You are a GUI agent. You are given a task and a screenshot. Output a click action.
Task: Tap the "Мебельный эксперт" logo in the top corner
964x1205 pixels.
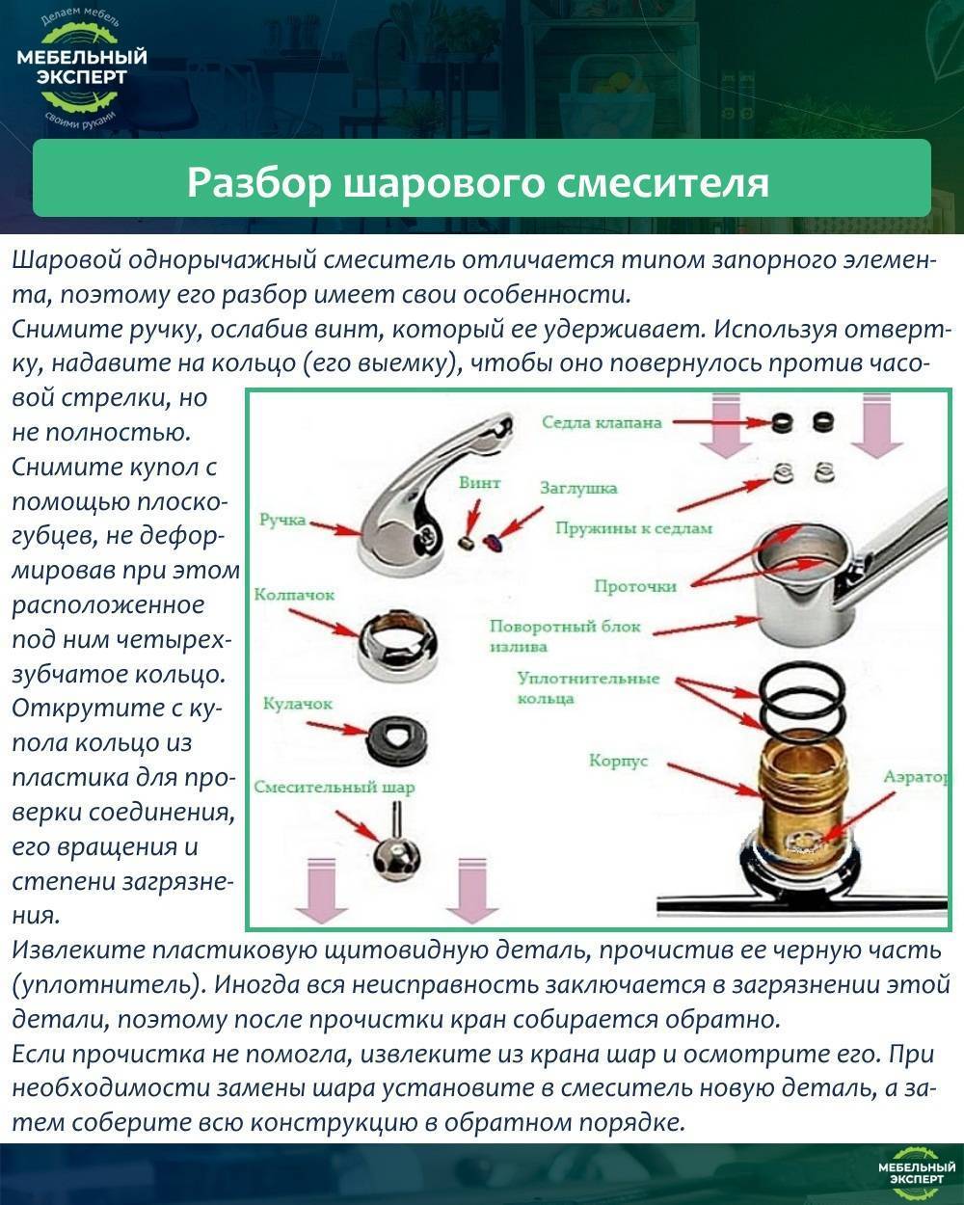pyautogui.click(x=82, y=67)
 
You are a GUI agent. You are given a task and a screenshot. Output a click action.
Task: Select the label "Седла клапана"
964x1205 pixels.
pyautogui.click(x=601, y=422)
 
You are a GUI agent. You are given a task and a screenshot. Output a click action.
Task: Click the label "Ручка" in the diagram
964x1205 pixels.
pyautogui.click(x=282, y=521)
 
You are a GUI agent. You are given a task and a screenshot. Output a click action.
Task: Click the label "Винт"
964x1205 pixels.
pyautogui.click(x=479, y=482)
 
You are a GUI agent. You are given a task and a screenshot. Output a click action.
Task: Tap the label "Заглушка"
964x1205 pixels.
pyautogui.click(x=578, y=488)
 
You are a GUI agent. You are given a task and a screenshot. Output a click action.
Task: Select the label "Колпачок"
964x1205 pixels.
pyautogui.click(x=294, y=595)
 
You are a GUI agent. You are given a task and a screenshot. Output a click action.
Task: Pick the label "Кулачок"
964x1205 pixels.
pyautogui.click(x=297, y=704)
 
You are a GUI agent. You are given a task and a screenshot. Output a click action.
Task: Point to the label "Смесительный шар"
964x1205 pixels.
pyautogui.click(x=334, y=787)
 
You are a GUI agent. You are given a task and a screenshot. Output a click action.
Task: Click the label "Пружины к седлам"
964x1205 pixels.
pyautogui.click(x=632, y=527)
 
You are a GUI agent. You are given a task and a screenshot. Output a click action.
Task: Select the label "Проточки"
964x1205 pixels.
pyautogui.click(x=634, y=585)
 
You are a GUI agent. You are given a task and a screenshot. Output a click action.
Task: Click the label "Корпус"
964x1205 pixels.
pyautogui.click(x=618, y=762)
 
